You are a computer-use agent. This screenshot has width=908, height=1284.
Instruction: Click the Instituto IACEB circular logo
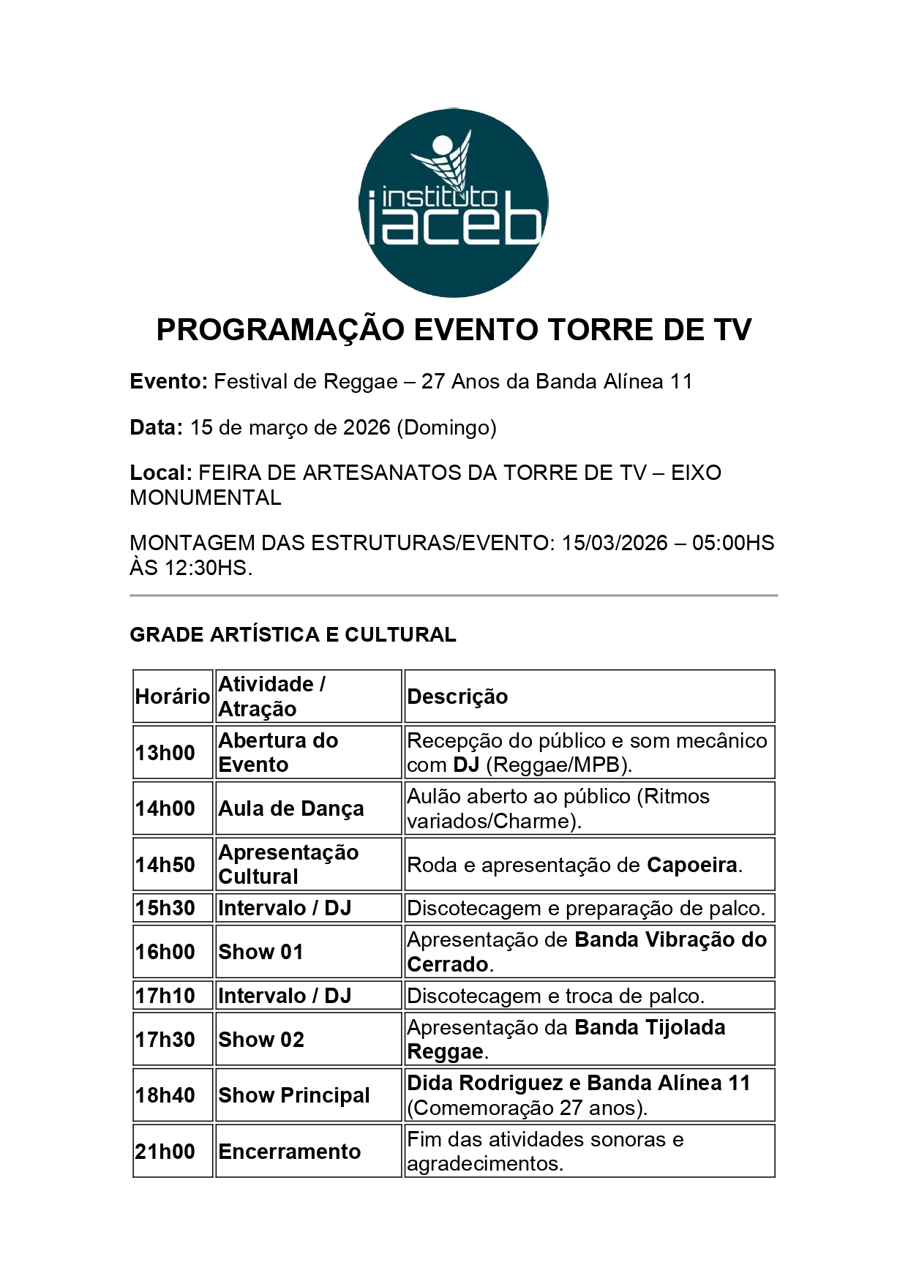pos(453,203)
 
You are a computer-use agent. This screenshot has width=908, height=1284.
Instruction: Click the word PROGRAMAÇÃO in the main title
pos(280,330)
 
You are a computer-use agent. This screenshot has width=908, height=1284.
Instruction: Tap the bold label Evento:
pos(169,382)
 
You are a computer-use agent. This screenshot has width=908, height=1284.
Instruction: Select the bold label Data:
pos(156,427)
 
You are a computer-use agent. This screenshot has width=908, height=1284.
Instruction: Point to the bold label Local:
pos(161,473)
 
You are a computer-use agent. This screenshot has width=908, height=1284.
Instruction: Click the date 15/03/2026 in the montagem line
pos(615,543)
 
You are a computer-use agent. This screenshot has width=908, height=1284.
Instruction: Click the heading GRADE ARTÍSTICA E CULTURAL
pos(293,634)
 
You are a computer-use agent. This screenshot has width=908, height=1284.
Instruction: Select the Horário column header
pos(172,697)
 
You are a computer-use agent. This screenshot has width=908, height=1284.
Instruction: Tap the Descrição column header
pos(457,697)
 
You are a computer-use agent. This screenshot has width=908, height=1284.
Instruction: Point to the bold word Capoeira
pos(691,865)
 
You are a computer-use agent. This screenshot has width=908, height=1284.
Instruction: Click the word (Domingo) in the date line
pos(446,427)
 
